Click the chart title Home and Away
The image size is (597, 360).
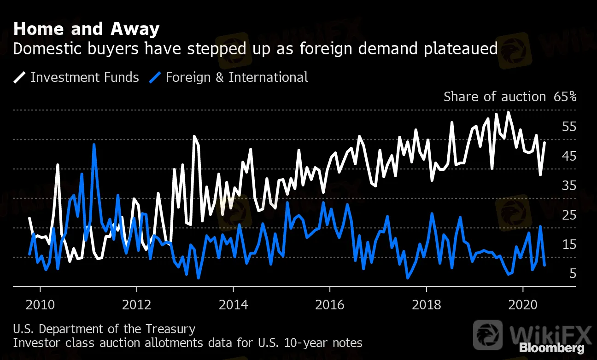click(x=86, y=29)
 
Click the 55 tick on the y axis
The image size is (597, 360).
click(x=569, y=127)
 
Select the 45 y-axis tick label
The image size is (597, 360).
click(x=569, y=156)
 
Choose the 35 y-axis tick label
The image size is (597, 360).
click(x=569, y=186)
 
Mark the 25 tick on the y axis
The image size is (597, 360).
click(x=569, y=215)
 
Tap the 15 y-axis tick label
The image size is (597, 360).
click(x=569, y=244)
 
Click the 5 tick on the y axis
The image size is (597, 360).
click(x=573, y=274)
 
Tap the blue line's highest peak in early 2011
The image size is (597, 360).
click(x=94, y=145)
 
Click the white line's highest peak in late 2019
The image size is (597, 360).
click(x=509, y=112)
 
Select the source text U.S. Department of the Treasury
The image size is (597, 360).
click(x=104, y=329)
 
